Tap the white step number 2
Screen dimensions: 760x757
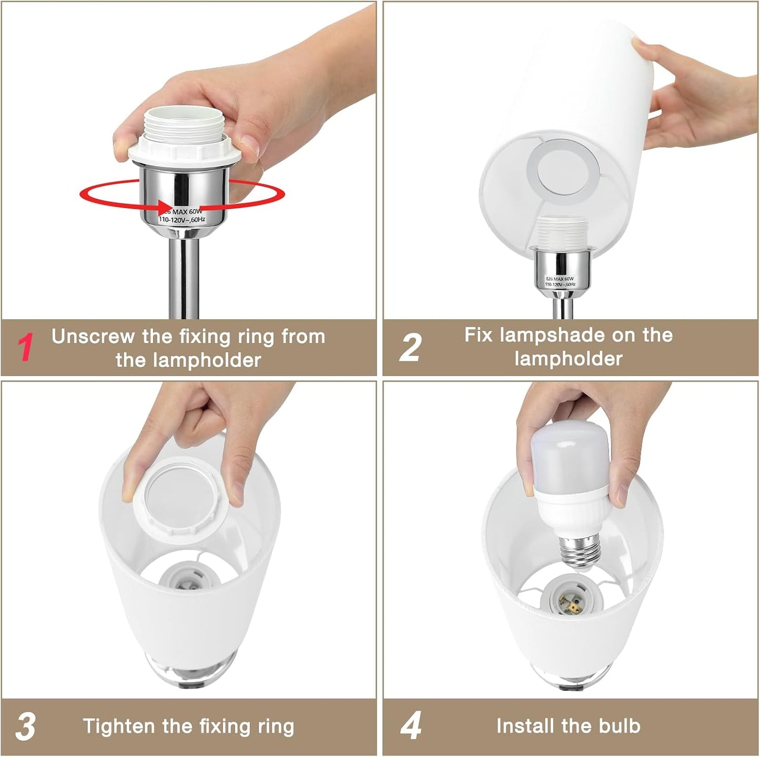[410, 347]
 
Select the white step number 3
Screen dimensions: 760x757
[26, 725]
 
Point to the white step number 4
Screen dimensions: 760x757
[411, 725]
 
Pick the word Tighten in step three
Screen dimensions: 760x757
[118, 726]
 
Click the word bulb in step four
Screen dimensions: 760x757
[620, 725]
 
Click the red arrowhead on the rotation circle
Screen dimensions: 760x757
[165, 206]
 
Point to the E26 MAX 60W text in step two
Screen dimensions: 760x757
[560, 278]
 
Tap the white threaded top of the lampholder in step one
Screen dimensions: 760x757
[184, 124]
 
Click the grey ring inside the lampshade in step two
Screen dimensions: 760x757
[563, 169]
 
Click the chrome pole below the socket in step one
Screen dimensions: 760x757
[184, 278]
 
